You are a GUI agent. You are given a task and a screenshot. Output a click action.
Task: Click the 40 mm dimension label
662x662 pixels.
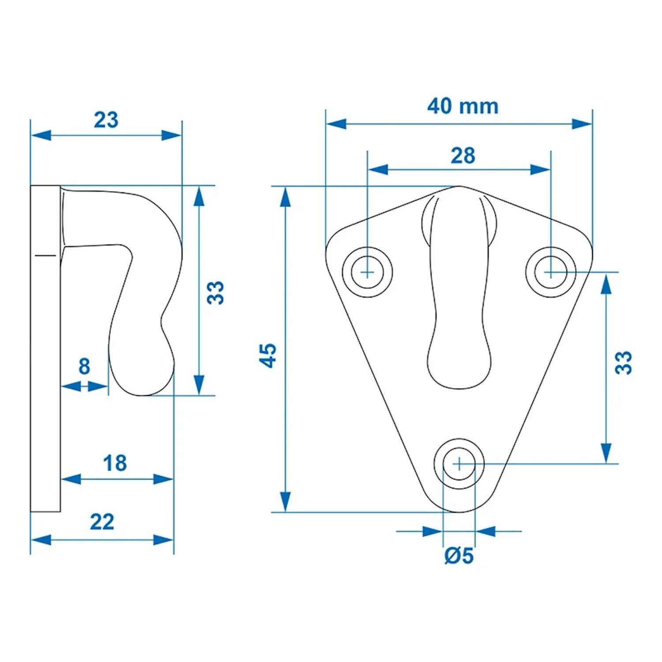463,106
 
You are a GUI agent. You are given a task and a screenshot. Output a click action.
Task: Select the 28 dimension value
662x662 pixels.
463,155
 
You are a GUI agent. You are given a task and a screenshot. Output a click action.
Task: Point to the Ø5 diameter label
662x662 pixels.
459,556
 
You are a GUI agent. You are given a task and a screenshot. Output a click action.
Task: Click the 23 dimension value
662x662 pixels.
106,120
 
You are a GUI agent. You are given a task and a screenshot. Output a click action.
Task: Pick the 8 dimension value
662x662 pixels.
84,366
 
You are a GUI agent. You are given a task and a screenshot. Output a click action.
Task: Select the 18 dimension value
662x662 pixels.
115,463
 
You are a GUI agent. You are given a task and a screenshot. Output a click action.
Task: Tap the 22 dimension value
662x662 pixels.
102,522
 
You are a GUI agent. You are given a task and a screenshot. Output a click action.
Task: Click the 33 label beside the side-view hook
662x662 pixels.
216,292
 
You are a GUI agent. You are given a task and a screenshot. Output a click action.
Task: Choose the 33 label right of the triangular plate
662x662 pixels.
624,363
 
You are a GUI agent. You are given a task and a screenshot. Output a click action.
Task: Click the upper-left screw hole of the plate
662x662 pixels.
368,272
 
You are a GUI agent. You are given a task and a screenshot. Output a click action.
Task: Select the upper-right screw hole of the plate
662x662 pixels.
550,272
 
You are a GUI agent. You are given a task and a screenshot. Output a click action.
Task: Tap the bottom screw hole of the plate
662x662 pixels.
459,463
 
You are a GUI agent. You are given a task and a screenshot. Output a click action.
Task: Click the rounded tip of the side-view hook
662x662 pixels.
141,384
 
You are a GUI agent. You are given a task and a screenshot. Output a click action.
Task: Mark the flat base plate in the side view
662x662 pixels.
45,349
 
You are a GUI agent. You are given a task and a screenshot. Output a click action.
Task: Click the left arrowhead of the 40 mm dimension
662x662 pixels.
335,124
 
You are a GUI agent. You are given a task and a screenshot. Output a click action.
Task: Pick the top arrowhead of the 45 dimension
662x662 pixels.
286,196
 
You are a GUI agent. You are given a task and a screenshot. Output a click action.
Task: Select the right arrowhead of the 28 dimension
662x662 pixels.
540,169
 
